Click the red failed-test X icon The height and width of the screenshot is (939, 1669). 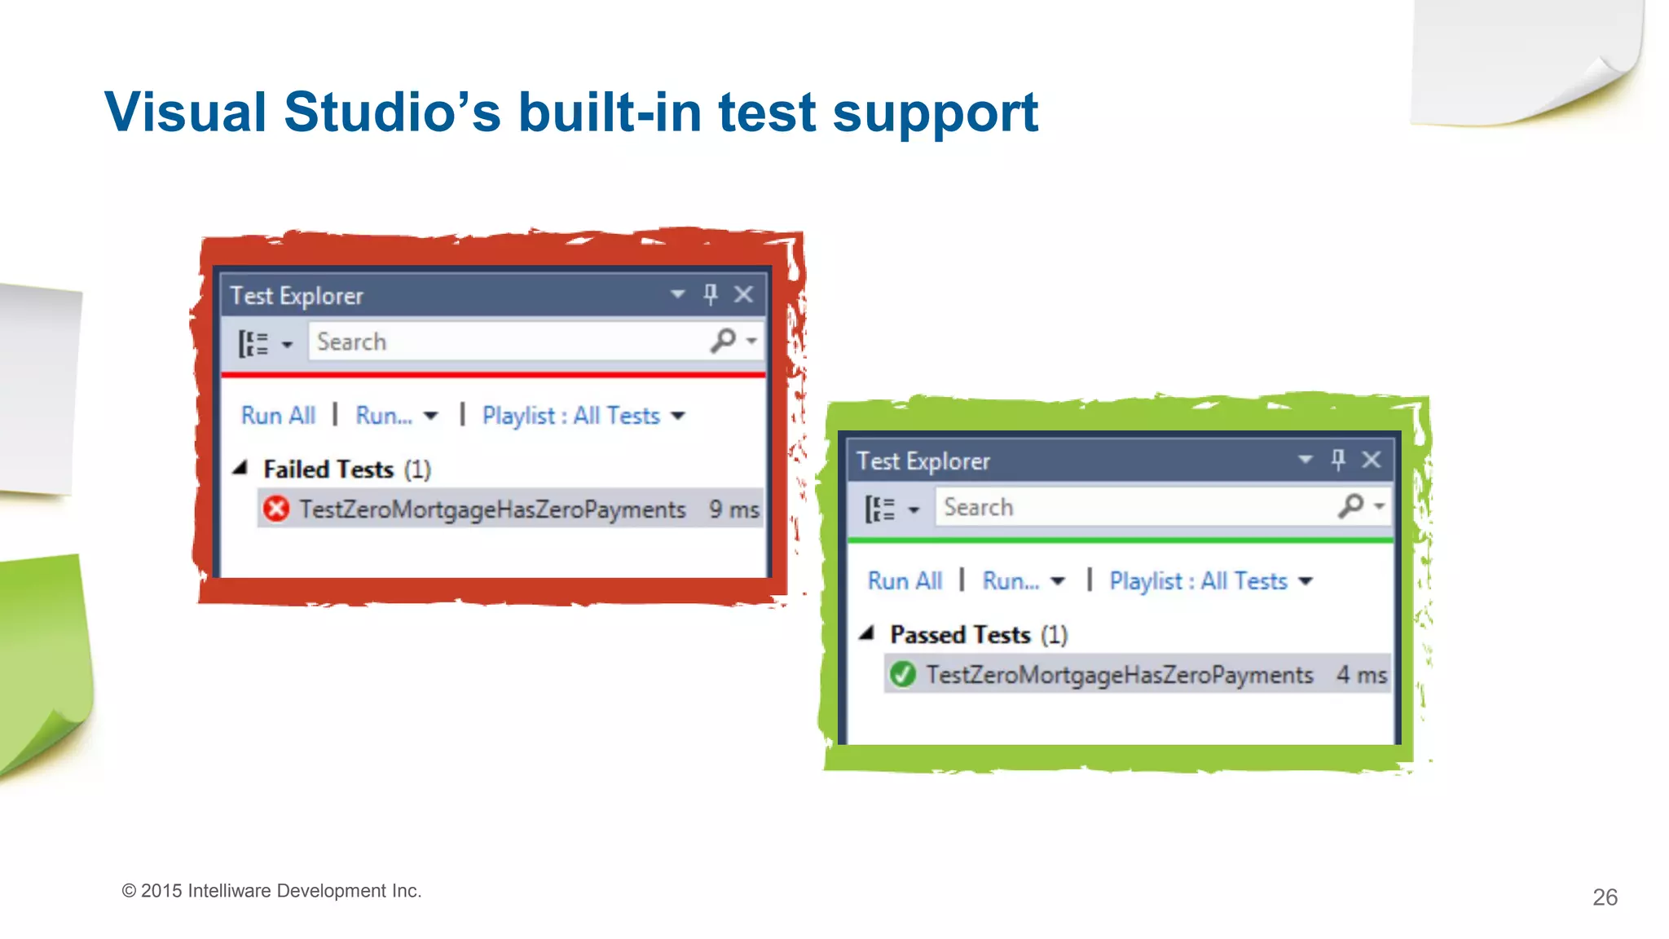pyautogui.click(x=276, y=509)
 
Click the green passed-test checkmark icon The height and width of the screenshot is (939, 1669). pyautogui.click(x=902, y=675)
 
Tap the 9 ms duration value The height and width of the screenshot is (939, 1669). pyautogui.click(x=733, y=510)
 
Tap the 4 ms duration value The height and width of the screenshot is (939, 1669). pyautogui.click(x=1361, y=675)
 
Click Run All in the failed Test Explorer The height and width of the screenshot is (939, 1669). pyautogui.click(x=278, y=416)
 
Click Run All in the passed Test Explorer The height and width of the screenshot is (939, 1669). pyautogui.click(x=905, y=581)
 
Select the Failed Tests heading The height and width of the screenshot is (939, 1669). pyautogui.click(x=328, y=469)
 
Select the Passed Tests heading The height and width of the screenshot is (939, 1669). pyautogui.click(x=960, y=635)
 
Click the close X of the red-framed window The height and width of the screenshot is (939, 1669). pyautogui.click(x=743, y=294)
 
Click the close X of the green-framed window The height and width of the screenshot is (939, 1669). pyautogui.click(x=1372, y=460)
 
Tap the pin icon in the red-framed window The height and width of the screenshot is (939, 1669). pyautogui.click(x=711, y=294)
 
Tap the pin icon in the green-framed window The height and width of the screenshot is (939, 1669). pyautogui.click(x=1338, y=460)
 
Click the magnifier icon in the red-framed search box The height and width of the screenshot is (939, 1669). pyautogui.click(x=723, y=341)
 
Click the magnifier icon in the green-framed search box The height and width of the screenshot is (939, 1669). pyautogui.click(x=1350, y=506)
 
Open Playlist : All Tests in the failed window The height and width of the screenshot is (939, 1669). pyautogui.click(x=571, y=416)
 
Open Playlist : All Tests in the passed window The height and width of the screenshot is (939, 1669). pyautogui.click(x=1199, y=581)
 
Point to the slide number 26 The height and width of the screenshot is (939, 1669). pyautogui.click(x=1605, y=897)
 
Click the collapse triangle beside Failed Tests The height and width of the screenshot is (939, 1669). pyautogui.click(x=240, y=468)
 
